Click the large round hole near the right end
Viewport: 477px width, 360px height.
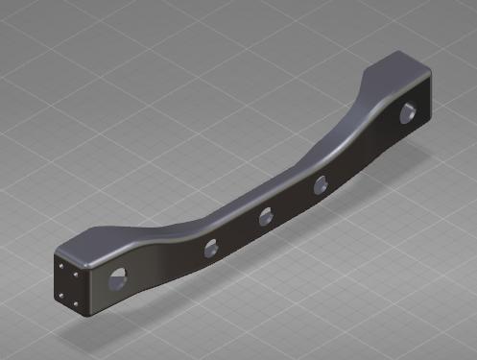point(408,112)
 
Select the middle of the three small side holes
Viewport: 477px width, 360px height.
point(265,217)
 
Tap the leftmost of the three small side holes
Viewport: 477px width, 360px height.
point(208,250)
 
